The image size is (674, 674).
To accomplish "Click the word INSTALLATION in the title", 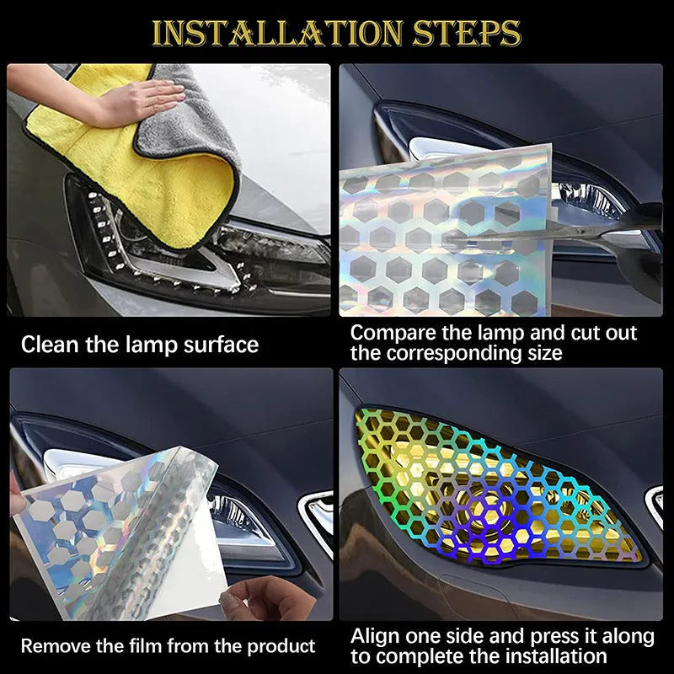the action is coord(276,34).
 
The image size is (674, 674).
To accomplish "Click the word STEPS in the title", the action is coord(467,34).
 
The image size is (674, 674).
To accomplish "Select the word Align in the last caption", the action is coord(374,636).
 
